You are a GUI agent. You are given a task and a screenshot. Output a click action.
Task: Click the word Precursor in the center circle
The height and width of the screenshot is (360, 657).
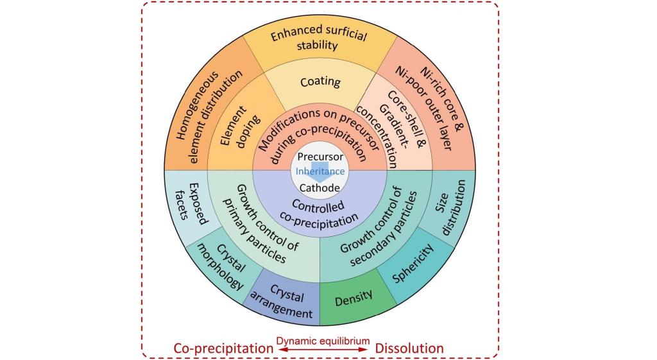point(320,157)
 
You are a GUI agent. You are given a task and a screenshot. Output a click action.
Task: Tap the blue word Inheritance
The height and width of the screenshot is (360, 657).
point(320,171)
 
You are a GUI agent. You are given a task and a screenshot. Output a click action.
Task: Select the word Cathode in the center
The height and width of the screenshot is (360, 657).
point(320,188)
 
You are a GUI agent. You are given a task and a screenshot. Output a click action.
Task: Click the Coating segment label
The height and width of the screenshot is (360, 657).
point(320,81)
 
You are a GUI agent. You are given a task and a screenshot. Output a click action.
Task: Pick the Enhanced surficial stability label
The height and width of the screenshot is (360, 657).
point(318,38)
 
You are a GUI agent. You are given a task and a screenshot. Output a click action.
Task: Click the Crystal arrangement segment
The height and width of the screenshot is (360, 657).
point(284,301)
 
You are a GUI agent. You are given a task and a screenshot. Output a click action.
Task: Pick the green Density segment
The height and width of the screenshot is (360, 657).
point(354,298)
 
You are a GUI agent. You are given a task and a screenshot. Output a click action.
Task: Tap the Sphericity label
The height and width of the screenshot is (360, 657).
point(413,264)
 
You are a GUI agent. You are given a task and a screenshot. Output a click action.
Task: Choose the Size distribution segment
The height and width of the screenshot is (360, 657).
point(450,207)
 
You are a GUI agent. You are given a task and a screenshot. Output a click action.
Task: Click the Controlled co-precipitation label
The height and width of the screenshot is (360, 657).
point(320,213)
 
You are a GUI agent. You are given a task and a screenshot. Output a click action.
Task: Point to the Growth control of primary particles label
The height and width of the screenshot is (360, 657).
point(262,223)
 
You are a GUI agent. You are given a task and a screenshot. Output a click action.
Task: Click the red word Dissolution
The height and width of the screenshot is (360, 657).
point(409,348)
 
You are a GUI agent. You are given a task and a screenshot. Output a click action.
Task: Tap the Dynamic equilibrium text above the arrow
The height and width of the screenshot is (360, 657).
point(323,341)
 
